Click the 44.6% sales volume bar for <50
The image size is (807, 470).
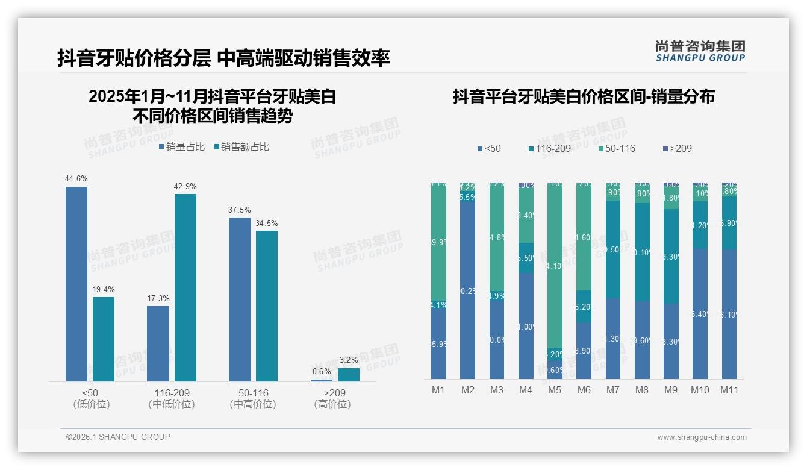(76, 283)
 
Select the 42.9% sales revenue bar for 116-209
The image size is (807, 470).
(185, 287)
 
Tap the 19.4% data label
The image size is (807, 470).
(104, 290)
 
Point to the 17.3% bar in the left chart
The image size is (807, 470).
(158, 343)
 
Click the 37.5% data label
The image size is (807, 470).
(240, 210)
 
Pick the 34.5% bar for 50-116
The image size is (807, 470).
(267, 305)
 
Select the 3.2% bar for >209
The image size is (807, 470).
(349, 375)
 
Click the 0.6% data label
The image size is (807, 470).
(322, 372)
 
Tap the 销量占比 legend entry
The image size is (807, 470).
(182, 147)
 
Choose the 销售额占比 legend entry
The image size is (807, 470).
(241, 147)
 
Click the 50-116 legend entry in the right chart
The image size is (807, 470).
(618, 148)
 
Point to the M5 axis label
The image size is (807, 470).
(555, 390)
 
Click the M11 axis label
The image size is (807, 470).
(729, 390)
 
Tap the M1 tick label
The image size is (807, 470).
(438, 390)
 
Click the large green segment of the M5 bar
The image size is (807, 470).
(555, 265)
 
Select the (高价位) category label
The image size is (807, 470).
(332, 404)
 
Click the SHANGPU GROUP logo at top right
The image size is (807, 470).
(700, 51)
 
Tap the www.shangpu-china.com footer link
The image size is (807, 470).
(702, 437)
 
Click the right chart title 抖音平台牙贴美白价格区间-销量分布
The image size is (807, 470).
(584, 97)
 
